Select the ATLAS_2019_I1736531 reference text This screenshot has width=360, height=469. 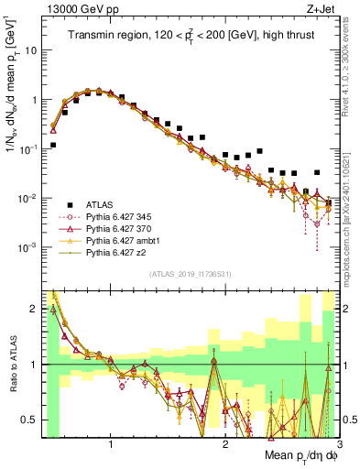pos(190,275)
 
